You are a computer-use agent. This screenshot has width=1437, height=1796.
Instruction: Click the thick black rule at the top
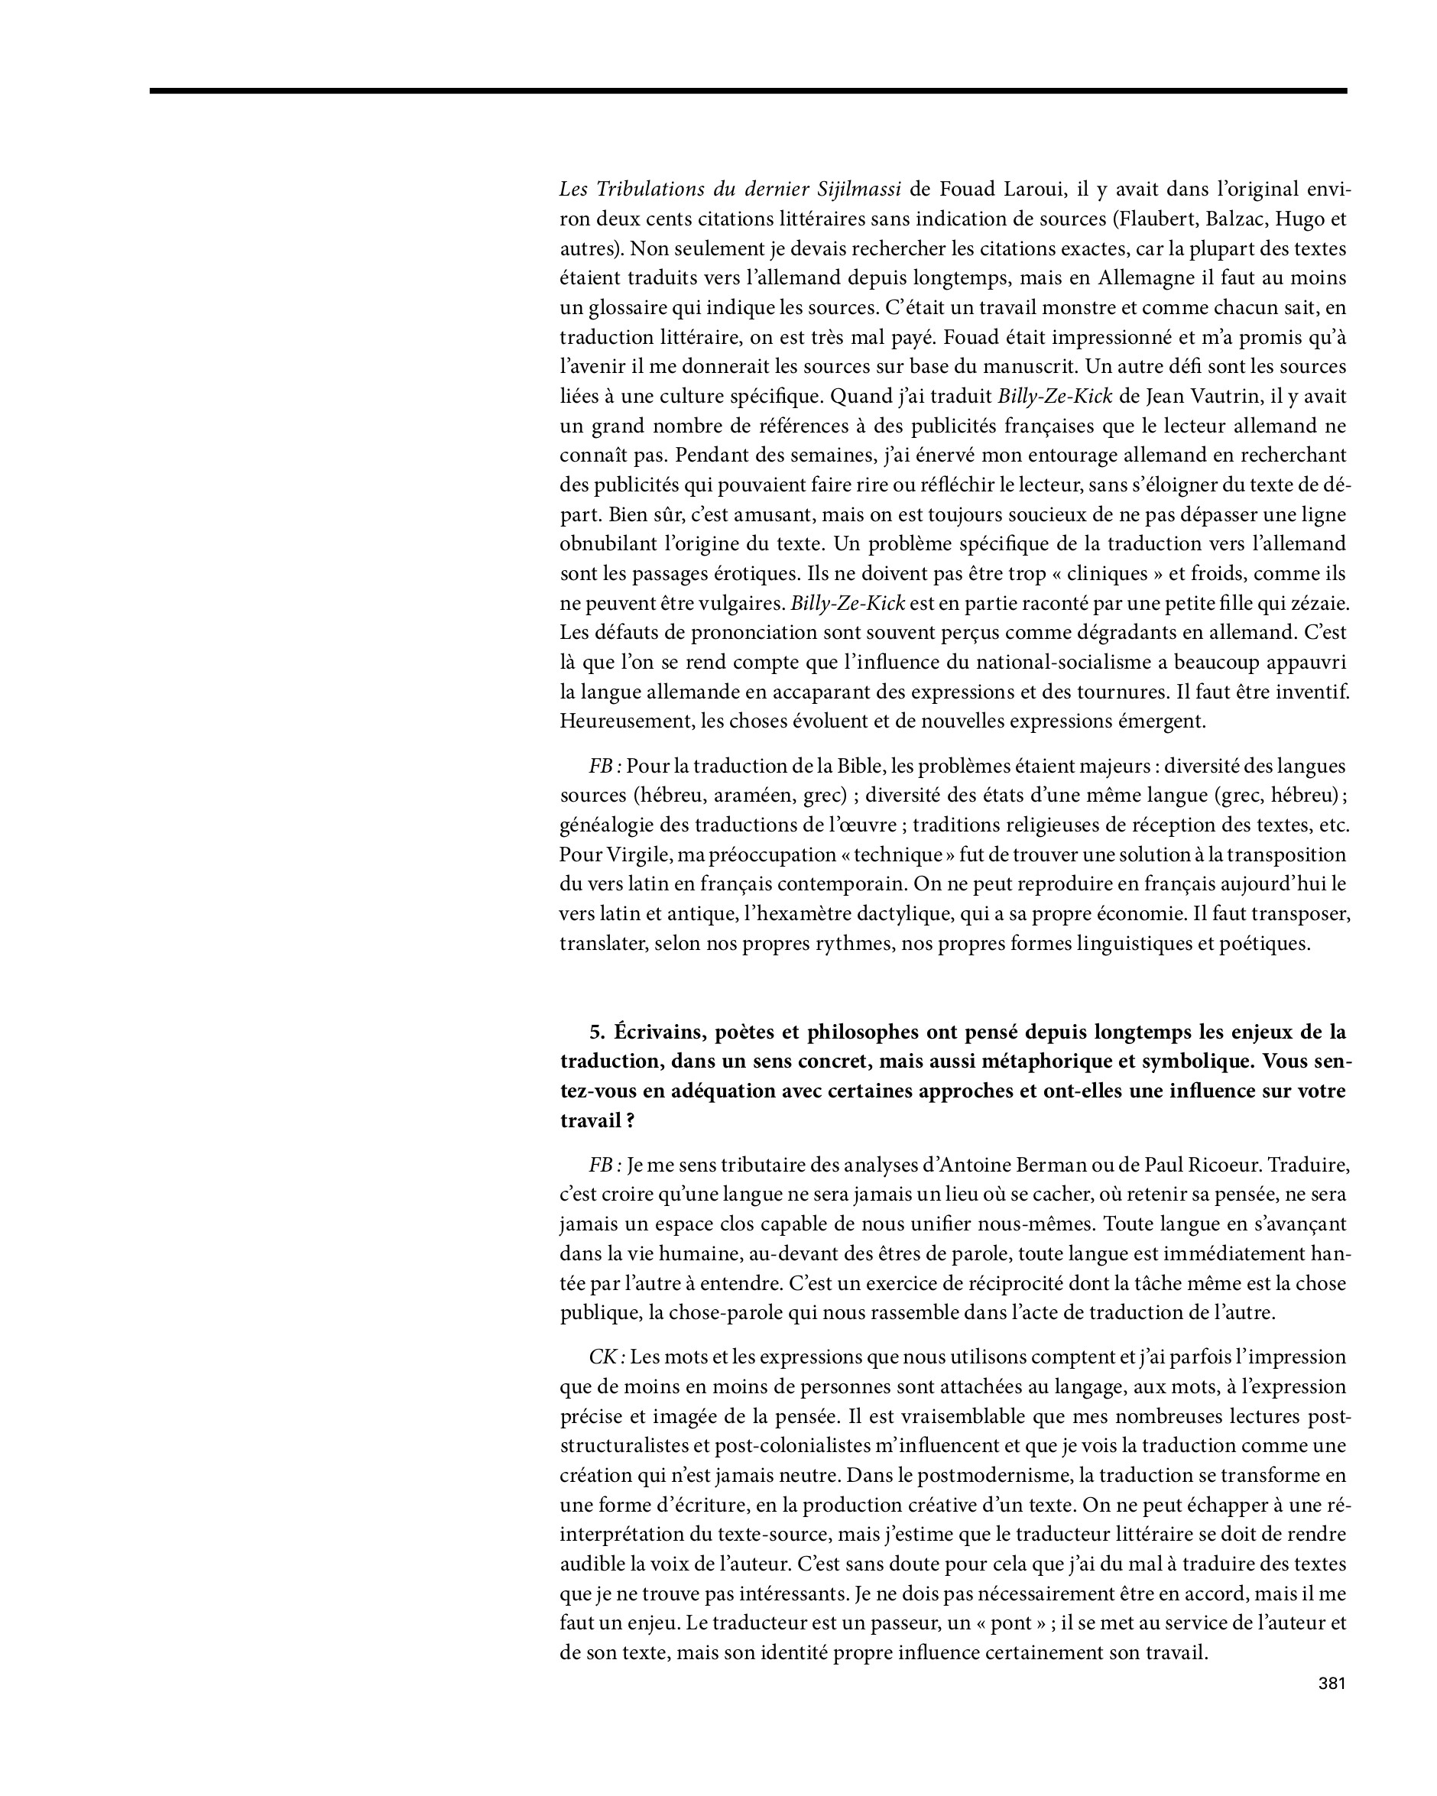point(748,90)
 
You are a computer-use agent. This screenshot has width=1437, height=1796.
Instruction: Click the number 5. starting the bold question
point(596,1032)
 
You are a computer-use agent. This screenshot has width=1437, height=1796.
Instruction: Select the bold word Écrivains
point(661,1032)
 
